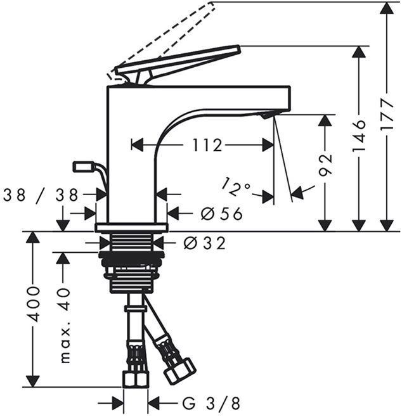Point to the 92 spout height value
click(325, 164)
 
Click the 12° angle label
click(236, 186)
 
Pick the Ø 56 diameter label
click(221, 214)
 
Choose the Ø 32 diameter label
click(204, 243)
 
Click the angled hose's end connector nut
click(179, 371)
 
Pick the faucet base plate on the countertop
click(131, 227)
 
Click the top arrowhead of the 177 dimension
click(387, 9)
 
